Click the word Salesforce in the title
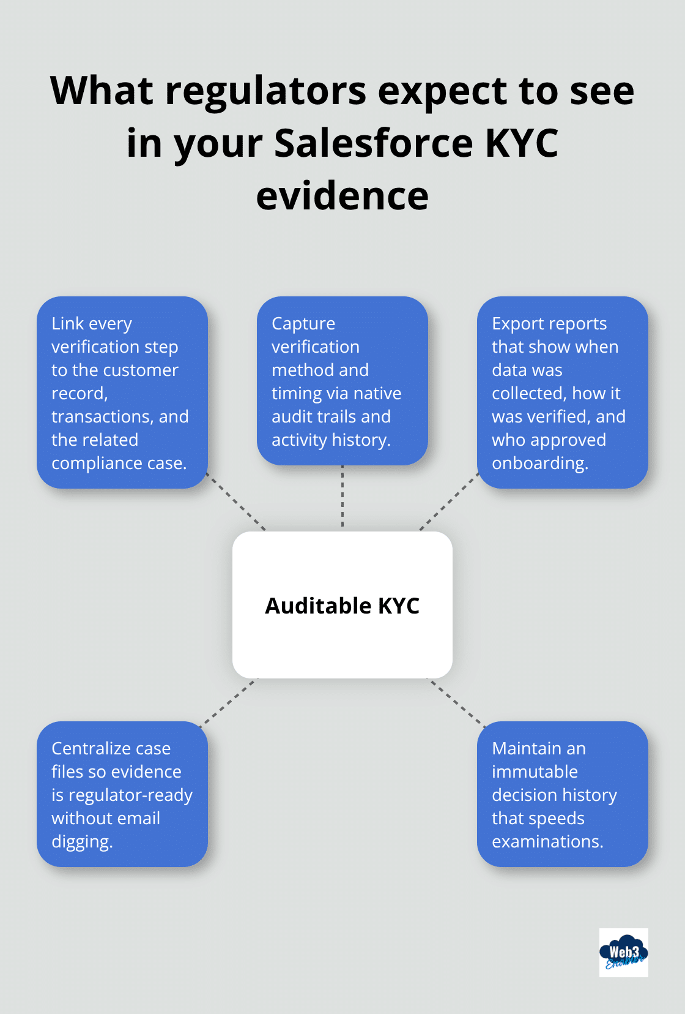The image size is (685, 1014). (x=374, y=143)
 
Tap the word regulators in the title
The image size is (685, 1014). (x=266, y=91)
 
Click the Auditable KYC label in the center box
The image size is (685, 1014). (x=342, y=606)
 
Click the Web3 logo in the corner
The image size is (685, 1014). (x=623, y=953)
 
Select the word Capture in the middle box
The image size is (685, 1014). (x=303, y=323)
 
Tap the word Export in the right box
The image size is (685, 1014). (x=518, y=323)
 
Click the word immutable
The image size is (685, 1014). (x=535, y=772)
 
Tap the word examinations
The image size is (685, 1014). (x=547, y=841)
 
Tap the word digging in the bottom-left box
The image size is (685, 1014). (x=81, y=842)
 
